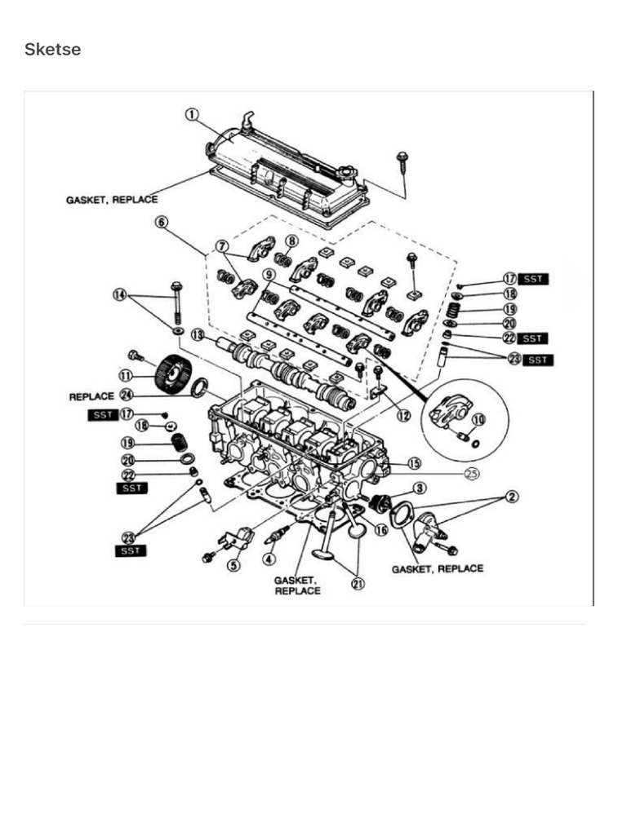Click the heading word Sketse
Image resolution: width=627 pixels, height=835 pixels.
pyautogui.click(x=52, y=50)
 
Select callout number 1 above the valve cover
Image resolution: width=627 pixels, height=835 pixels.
pyautogui.click(x=192, y=115)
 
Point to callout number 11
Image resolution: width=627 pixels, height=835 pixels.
pyautogui.click(x=125, y=376)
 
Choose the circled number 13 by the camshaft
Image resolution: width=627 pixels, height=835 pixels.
pyautogui.click(x=198, y=334)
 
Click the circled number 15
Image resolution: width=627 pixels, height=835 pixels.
pyautogui.click(x=414, y=463)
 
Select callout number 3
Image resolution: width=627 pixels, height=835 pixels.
pyautogui.click(x=419, y=488)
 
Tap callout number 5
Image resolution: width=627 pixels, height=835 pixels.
pyautogui.click(x=234, y=564)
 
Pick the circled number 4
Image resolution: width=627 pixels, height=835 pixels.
pyautogui.click(x=269, y=559)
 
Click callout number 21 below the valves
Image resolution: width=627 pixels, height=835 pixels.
pyautogui.click(x=357, y=584)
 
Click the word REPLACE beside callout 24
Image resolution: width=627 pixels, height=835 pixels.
pyautogui.click(x=91, y=396)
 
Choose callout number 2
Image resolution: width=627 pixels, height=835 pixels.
pyautogui.click(x=513, y=497)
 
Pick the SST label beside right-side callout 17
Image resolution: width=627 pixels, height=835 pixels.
pyautogui.click(x=533, y=279)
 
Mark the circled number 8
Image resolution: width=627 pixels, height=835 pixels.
pyautogui.click(x=291, y=241)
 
